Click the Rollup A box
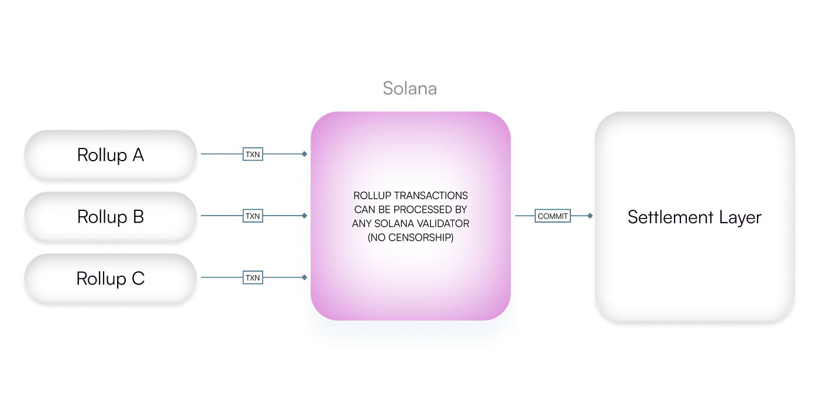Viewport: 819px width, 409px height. pyautogui.click(x=110, y=155)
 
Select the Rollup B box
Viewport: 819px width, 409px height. pyautogui.click(x=110, y=217)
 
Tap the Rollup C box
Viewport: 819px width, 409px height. pyautogui.click(x=110, y=279)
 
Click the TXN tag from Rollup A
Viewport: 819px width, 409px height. pyautogui.click(x=253, y=155)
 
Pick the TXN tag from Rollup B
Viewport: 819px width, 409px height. pyautogui.click(x=253, y=216)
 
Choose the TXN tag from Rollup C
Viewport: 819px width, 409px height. pyautogui.click(x=253, y=278)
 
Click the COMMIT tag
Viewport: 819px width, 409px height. pyautogui.click(x=553, y=216)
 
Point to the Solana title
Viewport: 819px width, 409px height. pyautogui.click(x=409, y=88)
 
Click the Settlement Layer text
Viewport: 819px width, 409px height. pyautogui.click(x=694, y=217)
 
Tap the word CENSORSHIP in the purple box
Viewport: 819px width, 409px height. pyautogui.click(x=426, y=238)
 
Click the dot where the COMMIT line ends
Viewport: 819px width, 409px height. pyautogui.click(x=590, y=216)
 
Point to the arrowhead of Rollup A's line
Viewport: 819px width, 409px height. pyautogui.click(x=306, y=155)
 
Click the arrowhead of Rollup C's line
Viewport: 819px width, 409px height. pyautogui.click(x=306, y=278)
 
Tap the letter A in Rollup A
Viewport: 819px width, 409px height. pyautogui.click(x=138, y=155)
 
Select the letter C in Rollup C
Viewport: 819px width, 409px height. pyautogui.click(x=137, y=279)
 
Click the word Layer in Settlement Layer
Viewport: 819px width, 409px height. pyautogui.click(x=740, y=217)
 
